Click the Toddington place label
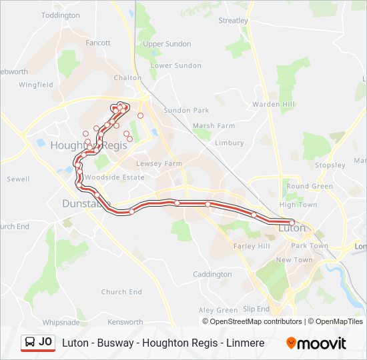[60, 15]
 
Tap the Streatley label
[233, 21]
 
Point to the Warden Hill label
[273, 104]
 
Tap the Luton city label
[291, 228]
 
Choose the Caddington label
[212, 274]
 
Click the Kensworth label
[125, 322]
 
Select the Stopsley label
[330, 165]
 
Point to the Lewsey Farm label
[159, 163]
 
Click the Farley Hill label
[251, 246]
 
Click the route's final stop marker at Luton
[292, 222]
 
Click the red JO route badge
[38, 343]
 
